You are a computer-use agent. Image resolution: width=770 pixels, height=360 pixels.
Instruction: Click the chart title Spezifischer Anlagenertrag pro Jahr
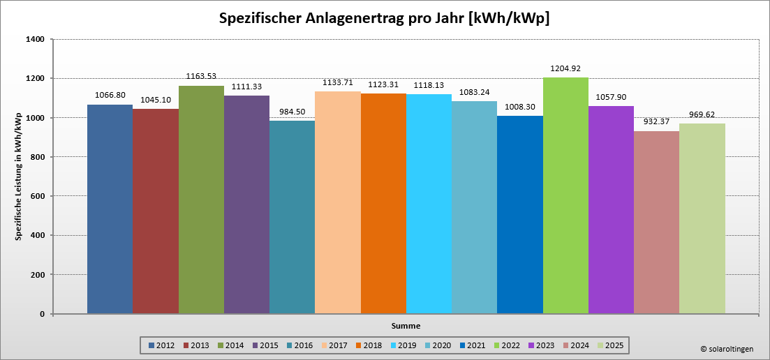coord(384,19)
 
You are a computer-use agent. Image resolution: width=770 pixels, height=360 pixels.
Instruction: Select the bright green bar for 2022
coord(565,195)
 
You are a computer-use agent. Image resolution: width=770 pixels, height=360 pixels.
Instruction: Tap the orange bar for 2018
coord(383,203)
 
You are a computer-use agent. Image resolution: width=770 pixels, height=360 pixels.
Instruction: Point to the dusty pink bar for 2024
coord(656,223)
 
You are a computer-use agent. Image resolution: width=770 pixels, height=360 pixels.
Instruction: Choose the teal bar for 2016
coord(292,217)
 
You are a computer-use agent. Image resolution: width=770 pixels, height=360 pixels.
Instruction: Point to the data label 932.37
coord(656,121)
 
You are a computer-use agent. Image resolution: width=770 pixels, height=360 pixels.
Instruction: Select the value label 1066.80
coord(110,95)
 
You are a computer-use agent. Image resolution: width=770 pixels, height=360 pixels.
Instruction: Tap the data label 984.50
coord(292,112)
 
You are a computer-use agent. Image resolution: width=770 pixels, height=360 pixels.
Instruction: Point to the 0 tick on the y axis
coord(42,314)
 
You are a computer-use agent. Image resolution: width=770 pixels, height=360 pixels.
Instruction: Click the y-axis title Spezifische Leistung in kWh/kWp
coord(19,177)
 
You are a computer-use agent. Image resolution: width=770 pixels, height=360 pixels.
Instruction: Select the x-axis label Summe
coord(406,325)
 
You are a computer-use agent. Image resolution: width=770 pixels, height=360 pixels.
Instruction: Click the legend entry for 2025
coord(609,345)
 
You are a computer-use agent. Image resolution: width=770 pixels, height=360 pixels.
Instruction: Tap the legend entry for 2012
coord(161,345)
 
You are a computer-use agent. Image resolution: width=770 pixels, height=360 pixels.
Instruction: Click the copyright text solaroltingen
coord(727,349)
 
